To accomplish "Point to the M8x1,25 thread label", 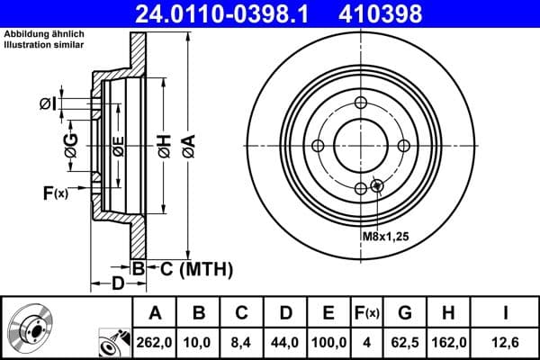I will point(386,237).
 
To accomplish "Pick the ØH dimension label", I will point(163,146).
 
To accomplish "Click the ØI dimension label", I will point(49,105).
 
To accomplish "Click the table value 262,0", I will point(156,343).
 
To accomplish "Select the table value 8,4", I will point(242,343).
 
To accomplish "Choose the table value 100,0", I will point(328,343).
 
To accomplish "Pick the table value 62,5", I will point(405,343).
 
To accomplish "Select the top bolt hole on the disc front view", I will point(361,103).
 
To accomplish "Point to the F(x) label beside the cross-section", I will point(55,193).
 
